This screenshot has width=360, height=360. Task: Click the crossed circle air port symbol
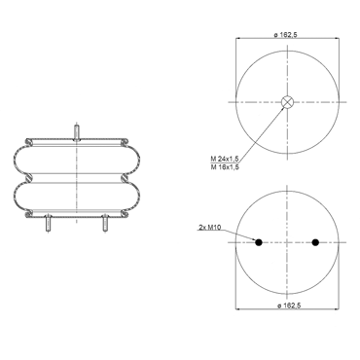coord(287,102)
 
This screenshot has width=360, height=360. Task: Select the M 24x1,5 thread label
coord(225,159)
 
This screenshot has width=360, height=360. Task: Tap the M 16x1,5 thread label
coord(225,167)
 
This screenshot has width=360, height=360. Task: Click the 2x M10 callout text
coord(210,228)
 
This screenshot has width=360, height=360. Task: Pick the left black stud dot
coord(259,242)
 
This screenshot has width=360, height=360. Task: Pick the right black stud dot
coord(315,242)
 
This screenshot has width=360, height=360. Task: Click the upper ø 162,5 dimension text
coord(285,35)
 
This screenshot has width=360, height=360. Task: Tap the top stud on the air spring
coord(77,132)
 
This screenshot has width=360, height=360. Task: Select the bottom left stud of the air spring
coord(48,223)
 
